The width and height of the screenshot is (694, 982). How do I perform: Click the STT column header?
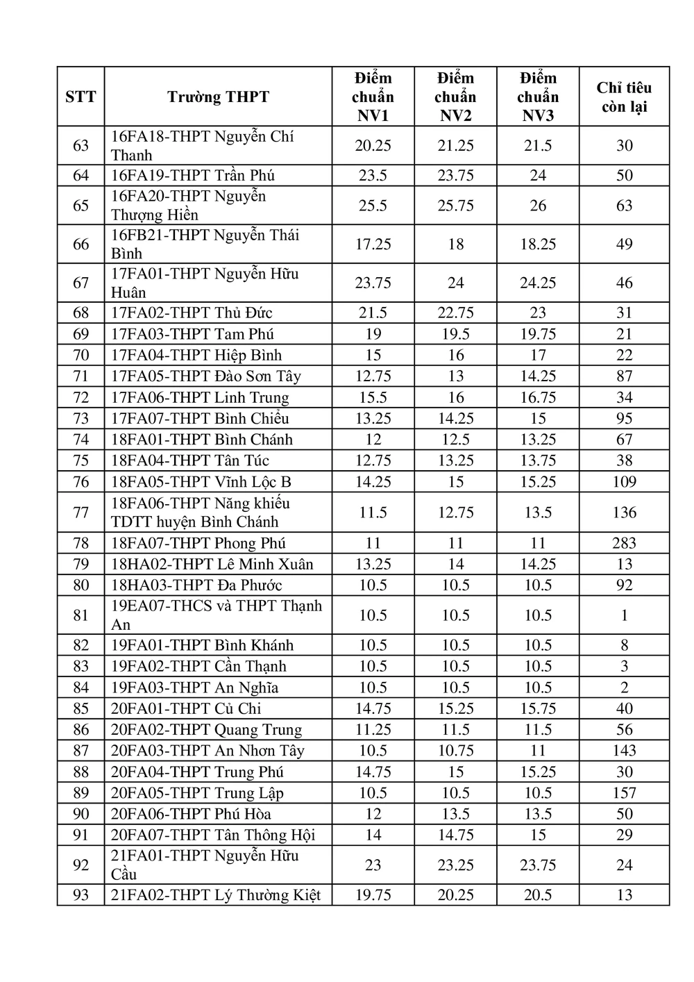click(x=81, y=97)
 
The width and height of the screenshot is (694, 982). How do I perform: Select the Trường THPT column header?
click(x=218, y=97)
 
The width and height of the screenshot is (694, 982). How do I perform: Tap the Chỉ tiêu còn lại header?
click(x=624, y=97)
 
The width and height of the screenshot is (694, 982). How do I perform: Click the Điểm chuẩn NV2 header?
click(x=455, y=97)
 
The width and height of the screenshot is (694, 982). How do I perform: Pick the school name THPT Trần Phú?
click(x=194, y=175)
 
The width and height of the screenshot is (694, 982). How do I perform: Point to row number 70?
click(x=81, y=355)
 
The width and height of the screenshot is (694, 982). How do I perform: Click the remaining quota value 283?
click(x=624, y=543)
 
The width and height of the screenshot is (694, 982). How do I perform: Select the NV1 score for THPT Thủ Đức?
click(x=373, y=313)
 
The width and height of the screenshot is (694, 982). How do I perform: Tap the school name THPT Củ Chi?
click(x=186, y=708)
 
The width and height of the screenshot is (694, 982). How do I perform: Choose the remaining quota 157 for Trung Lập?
click(x=624, y=792)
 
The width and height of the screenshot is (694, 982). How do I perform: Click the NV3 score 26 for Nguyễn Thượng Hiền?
click(x=538, y=206)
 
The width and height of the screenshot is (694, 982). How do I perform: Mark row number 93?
click(x=81, y=894)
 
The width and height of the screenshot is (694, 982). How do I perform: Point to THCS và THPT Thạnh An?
click(x=217, y=615)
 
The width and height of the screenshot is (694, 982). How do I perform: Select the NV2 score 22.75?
click(x=455, y=313)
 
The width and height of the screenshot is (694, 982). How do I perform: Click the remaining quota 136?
click(x=624, y=512)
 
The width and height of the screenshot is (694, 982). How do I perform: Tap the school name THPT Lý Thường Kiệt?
click(x=216, y=894)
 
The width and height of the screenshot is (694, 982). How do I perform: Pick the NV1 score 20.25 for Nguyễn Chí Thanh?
click(x=373, y=145)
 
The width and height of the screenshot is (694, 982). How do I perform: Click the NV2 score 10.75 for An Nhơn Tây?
click(x=455, y=750)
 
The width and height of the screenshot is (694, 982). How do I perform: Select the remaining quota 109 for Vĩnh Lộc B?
click(x=624, y=481)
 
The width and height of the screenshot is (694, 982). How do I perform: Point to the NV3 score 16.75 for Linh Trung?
click(x=538, y=397)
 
